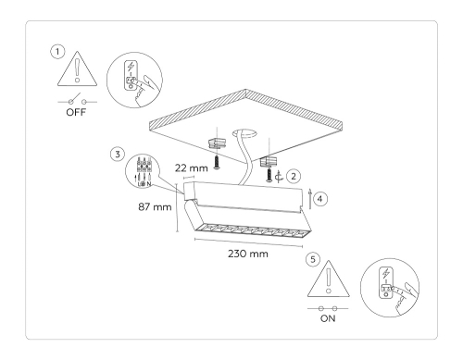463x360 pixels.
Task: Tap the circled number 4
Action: pyautogui.click(x=319, y=197)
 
